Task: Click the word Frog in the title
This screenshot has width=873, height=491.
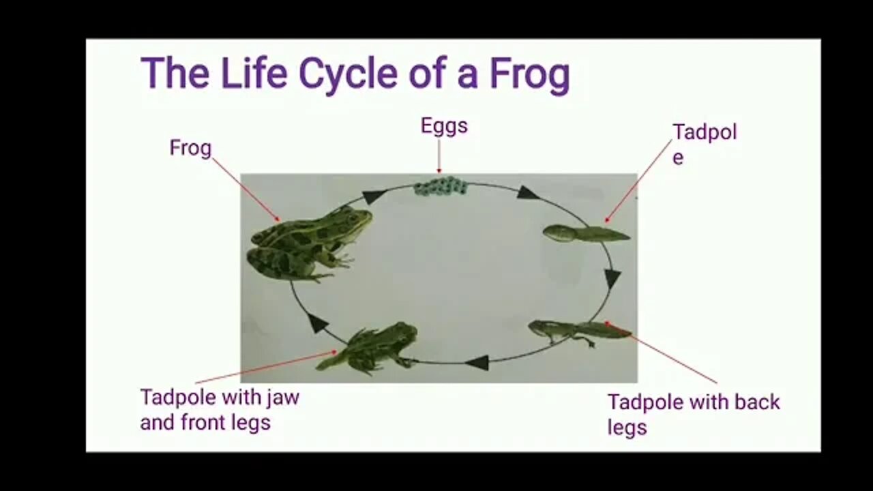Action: click(529, 74)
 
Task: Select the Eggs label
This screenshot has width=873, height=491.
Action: click(444, 126)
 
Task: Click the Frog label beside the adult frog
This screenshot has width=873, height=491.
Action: click(190, 148)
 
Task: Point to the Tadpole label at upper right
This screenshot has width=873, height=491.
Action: click(704, 143)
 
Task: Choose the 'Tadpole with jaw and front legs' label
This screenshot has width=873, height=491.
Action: click(219, 409)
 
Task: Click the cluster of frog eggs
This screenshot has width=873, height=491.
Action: click(441, 185)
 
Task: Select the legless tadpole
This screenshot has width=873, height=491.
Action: click(585, 234)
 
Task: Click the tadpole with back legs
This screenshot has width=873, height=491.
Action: click(578, 330)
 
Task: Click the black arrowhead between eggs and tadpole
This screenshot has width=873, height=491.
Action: click(527, 192)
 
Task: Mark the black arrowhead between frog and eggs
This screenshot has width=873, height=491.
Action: click(373, 197)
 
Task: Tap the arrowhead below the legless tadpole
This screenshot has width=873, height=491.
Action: click(612, 278)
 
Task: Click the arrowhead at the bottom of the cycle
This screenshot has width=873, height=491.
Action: click(478, 362)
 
